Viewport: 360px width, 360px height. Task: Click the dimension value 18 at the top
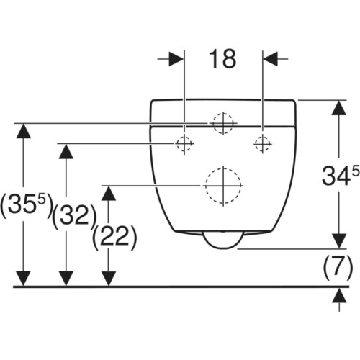[x=222, y=59]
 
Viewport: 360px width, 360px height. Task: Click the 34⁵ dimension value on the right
[x=341, y=176]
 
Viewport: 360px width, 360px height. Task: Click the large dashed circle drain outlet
[x=223, y=186]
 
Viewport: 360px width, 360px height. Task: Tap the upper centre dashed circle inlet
[x=223, y=123]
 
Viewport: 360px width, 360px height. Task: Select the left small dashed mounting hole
[x=184, y=144]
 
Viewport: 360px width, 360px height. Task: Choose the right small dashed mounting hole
[x=263, y=144]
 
